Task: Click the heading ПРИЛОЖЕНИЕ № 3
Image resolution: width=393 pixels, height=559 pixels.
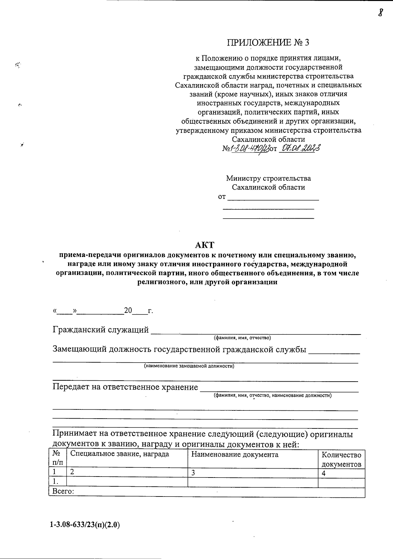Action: [x=268, y=43]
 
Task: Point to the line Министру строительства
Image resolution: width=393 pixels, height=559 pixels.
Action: [x=268, y=178]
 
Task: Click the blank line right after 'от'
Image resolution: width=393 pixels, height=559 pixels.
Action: [x=273, y=198]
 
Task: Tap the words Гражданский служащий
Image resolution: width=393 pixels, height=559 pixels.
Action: [x=101, y=330]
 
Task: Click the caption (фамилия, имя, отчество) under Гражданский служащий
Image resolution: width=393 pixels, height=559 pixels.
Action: [x=242, y=337]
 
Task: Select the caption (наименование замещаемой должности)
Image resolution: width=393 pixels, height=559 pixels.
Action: [x=189, y=366]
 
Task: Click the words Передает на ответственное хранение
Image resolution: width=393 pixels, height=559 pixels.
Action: [x=125, y=387]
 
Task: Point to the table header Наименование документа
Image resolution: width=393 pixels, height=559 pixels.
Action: [x=234, y=455]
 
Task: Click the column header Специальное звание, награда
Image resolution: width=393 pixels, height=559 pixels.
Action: [x=120, y=454]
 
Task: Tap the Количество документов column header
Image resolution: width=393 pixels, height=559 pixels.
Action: [x=341, y=459]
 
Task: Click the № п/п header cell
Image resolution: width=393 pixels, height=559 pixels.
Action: [x=57, y=458]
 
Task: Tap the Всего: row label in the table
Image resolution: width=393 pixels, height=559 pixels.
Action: [x=63, y=492]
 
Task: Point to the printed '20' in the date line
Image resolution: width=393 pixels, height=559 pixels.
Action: [x=128, y=311]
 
